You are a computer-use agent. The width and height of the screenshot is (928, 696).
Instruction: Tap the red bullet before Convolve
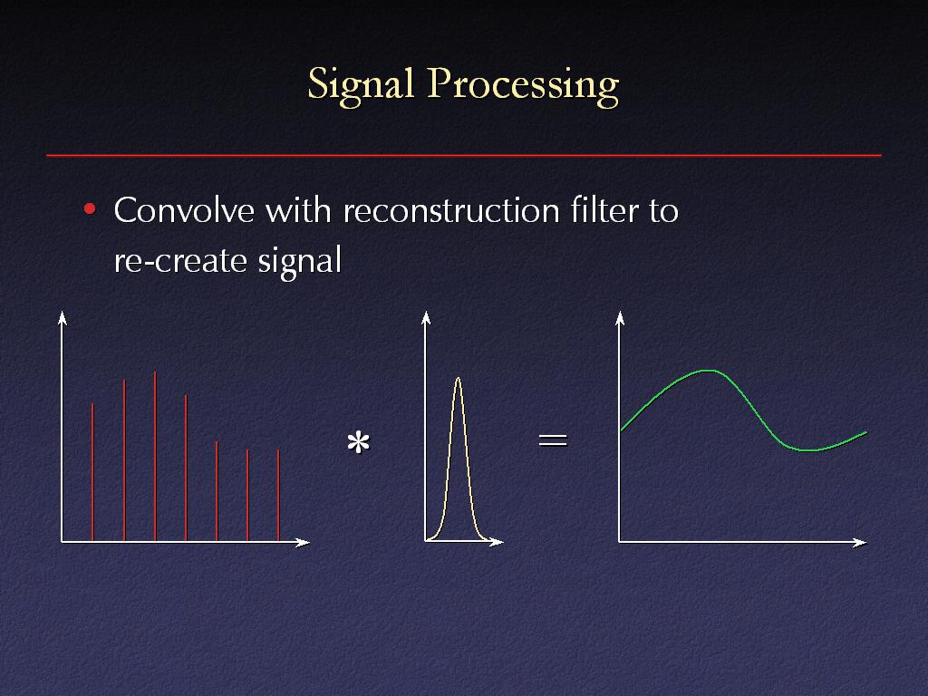point(90,209)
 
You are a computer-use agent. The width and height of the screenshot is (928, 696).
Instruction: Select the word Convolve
point(184,210)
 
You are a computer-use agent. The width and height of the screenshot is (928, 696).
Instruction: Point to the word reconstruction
point(451,210)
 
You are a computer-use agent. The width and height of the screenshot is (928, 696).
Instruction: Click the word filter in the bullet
point(604,210)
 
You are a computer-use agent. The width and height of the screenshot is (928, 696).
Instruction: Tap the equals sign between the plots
point(553,440)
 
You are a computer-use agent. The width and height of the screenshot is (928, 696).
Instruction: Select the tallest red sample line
point(155,457)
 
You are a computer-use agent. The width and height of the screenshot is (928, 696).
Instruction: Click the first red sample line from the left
point(92,471)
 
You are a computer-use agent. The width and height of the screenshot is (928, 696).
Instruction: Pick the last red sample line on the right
point(278,496)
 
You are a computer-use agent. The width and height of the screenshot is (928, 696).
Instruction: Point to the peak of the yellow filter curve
point(458,378)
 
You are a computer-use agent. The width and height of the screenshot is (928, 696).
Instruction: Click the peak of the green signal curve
point(708,371)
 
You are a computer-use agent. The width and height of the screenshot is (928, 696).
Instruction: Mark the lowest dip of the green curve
point(809,449)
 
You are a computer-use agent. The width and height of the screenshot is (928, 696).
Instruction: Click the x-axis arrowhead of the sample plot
point(303,542)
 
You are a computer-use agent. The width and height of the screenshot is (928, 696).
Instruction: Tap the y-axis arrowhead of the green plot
point(620,318)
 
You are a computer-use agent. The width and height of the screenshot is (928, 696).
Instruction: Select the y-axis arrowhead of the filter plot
point(426,318)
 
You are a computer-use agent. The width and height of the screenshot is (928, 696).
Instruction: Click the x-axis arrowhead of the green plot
point(860,542)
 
